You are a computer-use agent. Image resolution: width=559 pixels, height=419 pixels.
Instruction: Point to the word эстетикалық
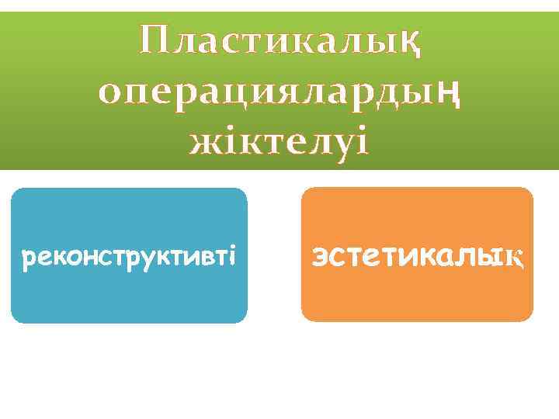418,255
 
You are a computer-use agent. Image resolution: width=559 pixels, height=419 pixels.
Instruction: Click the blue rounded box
129,295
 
